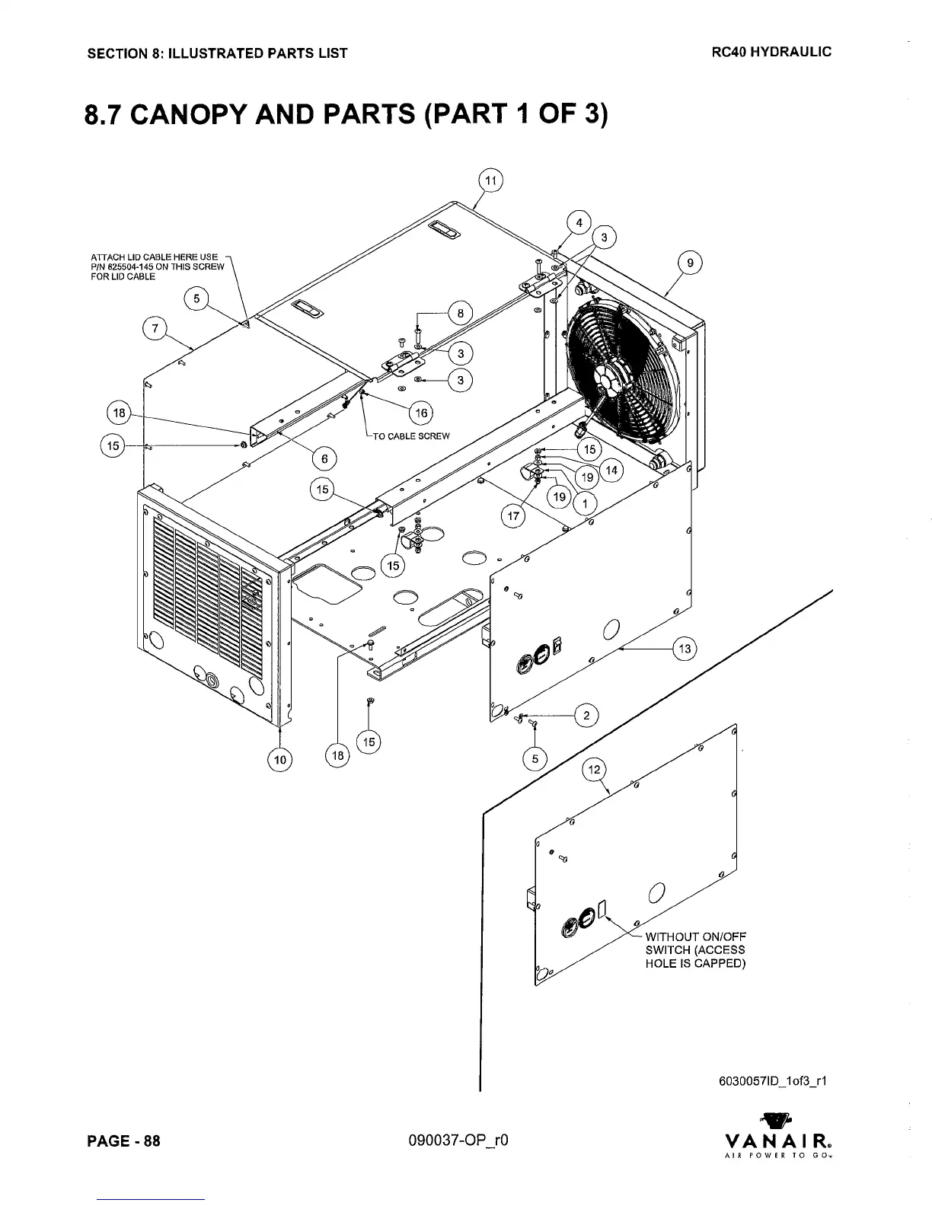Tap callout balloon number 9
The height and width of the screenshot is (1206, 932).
point(690,263)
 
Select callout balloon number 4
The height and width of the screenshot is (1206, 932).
point(579,222)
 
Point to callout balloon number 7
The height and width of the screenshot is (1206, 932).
point(155,329)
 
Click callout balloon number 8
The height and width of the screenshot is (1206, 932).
point(461,312)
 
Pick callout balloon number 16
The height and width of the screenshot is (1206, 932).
point(421,413)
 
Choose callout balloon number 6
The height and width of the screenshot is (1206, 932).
point(325,458)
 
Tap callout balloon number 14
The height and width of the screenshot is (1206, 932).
point(611,471)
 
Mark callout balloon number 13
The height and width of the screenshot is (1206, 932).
point(685,649)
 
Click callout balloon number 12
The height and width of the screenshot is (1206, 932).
point(595,770)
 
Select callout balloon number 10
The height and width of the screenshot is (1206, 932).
point(281,759)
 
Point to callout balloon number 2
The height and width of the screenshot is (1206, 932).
point(586,716)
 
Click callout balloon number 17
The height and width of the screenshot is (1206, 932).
point(513,516)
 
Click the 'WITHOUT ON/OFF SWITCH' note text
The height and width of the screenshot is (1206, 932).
point(694,949)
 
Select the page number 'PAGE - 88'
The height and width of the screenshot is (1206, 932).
point(126,1141)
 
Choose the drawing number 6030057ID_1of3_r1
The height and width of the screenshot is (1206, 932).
point(771,1080)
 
